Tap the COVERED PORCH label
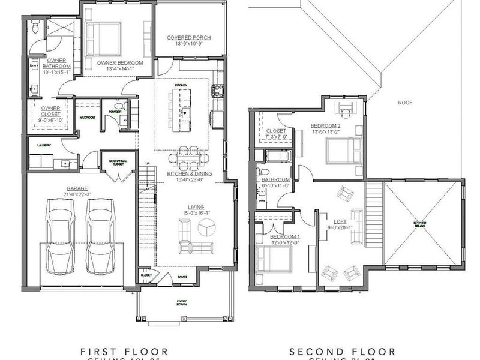189,38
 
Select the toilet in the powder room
119,108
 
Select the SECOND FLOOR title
342,351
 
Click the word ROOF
406,103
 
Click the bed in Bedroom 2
340,151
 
